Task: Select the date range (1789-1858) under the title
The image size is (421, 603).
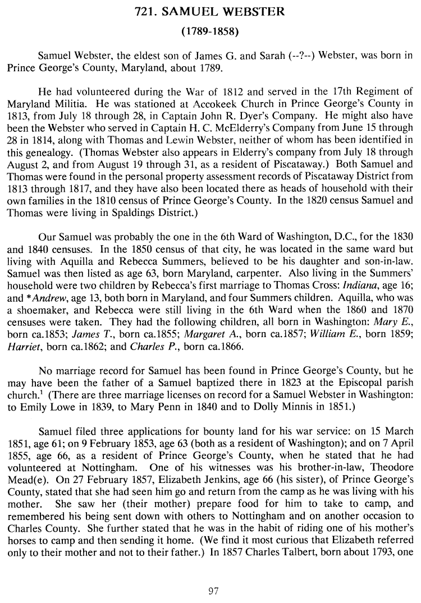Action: (210, 31)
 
